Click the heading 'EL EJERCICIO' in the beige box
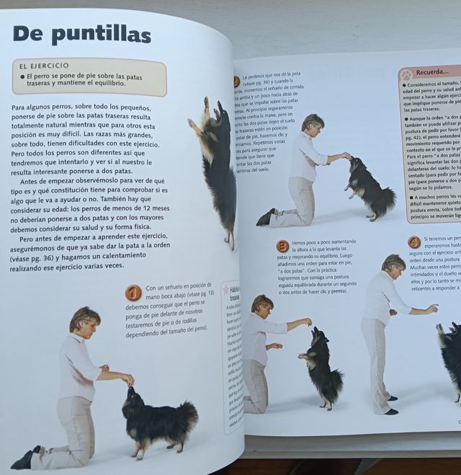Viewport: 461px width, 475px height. [45, 66]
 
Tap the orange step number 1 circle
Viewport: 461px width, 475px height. [133, 293]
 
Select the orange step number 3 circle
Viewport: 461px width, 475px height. [282, 246]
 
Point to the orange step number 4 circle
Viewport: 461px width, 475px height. [414, 242]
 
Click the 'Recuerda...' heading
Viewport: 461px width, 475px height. [437, 73]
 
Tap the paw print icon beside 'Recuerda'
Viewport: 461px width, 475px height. [407, 74]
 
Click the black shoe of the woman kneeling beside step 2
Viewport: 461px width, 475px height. [266, 218]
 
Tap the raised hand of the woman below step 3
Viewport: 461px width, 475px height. [308, 321]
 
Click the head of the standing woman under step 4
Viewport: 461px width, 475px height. [393, 264]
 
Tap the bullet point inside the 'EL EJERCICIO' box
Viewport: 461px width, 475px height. [22, 76]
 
